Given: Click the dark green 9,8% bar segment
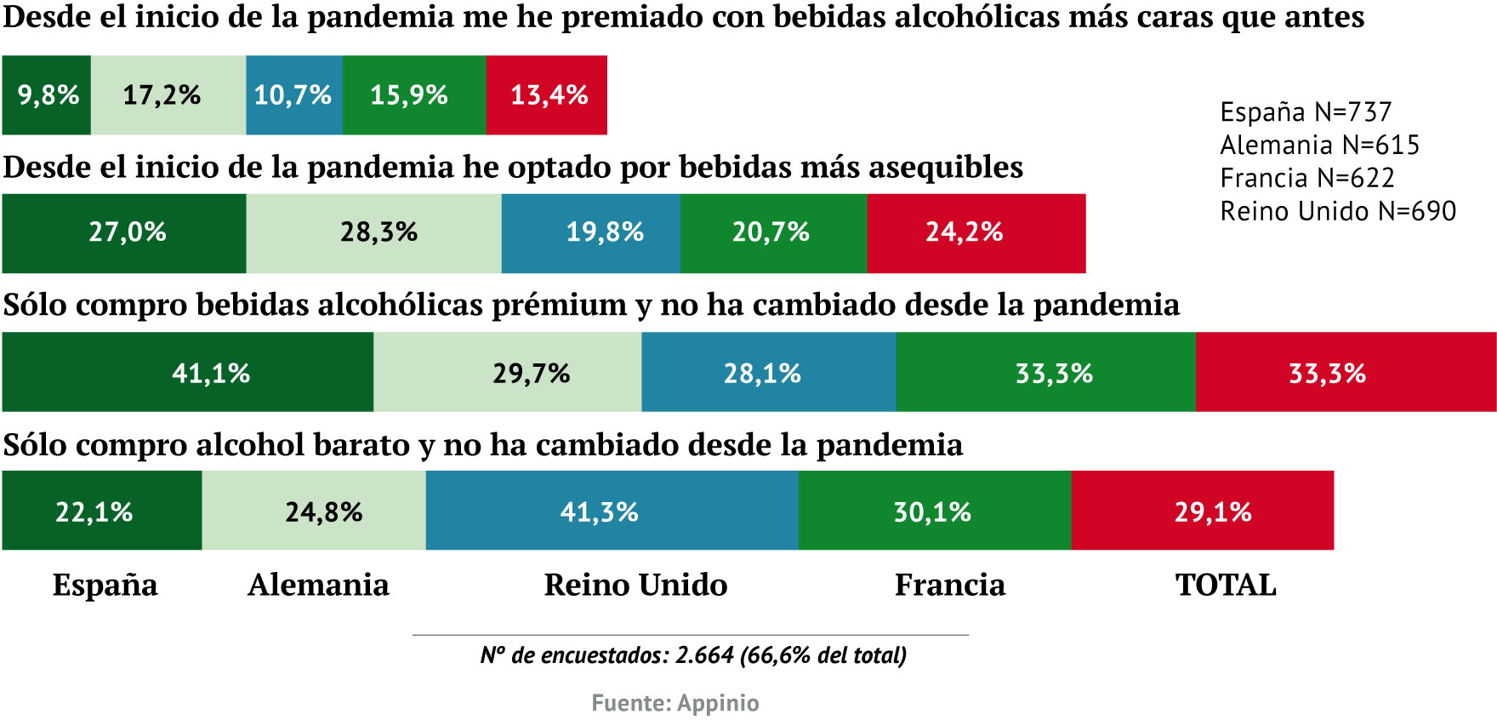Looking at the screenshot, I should [x=46, y=95].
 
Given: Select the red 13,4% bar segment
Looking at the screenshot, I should [x=546, y=95].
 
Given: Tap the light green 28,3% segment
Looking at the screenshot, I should [x=374, y=233].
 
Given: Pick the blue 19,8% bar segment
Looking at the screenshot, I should [x=591, y=233].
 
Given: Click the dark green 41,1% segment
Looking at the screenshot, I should [x=187, y=373].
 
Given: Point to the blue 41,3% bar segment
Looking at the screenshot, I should [x=612, y=511].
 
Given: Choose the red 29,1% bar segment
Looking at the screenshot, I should [x=1203, y=511].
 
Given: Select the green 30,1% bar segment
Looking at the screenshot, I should [x=935, y=511].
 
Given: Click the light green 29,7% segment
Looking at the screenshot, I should [x=508, y=373].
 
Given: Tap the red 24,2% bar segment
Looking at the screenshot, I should [x=976, y=233].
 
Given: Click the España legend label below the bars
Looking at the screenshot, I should [x=105, y=586].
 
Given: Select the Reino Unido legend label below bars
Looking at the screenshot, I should [x=635, y=586].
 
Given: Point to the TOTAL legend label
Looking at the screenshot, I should [x=1226, y=586].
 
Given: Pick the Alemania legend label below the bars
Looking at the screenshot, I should [x=319, y=586].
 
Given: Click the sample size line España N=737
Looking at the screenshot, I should [x=1306, y=112].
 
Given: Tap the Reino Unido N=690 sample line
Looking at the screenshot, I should [x=1338, y=211].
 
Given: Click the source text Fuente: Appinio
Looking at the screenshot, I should [x=675, y=703].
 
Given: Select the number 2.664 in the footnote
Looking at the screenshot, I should [x=704, y=655].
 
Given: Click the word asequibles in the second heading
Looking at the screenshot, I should [x=946, y=168].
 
